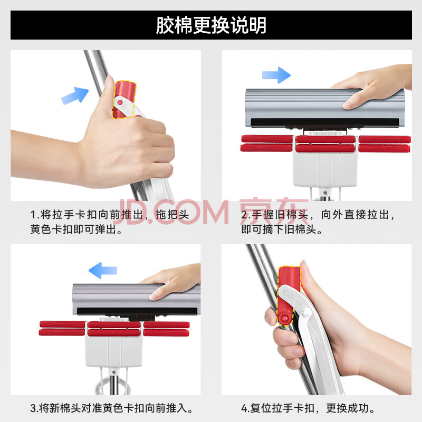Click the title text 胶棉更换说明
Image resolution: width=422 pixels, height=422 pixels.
pos(211,25)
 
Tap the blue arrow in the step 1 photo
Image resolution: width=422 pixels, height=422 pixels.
pos(75,95)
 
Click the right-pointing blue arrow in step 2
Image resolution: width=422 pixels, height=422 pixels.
pos(276,75)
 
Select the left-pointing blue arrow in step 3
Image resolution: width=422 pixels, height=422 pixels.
pos(103,270)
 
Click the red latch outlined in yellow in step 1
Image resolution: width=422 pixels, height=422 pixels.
pos(124,100)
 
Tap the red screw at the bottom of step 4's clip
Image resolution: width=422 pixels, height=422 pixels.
pos(284,319)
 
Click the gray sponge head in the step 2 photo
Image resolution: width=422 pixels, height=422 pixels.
pos(325,108)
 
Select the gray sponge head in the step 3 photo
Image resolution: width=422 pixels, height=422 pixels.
pos(137,299)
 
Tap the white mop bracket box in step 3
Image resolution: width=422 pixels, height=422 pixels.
pos(113,351)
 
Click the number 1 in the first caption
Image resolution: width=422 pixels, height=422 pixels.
pos(33,215)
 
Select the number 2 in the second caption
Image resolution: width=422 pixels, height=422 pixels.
pos(244,215)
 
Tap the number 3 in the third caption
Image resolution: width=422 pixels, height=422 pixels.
pos(33,408)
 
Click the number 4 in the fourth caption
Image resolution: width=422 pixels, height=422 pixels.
pos(244,408)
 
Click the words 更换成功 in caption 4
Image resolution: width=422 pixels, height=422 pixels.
pos(347,408)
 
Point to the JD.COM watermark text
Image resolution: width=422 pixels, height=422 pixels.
pos(171,212)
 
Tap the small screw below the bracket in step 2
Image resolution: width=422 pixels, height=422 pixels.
pos(325,193)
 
